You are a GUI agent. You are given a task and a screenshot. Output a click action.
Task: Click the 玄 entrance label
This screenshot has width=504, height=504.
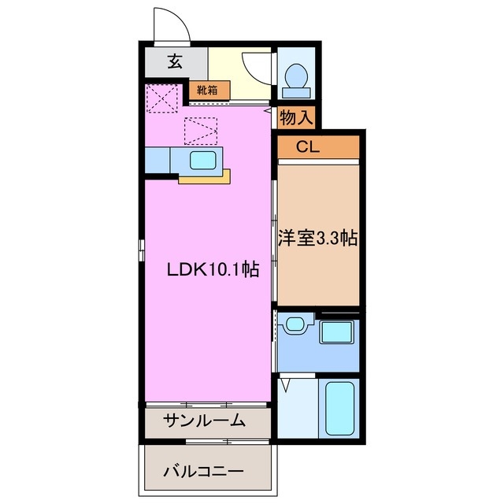point(174,60)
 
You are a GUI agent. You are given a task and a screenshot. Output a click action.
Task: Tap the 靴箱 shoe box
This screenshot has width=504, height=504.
point(208,90)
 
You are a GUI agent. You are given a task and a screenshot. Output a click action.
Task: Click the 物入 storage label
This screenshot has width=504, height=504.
point(297,118)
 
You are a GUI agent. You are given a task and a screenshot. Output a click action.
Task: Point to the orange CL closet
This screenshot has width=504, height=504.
point(318,147)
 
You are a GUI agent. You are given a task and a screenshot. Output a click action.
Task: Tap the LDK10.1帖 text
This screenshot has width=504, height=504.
point(213,269)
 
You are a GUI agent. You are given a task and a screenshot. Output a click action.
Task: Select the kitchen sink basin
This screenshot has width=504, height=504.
point(204,160)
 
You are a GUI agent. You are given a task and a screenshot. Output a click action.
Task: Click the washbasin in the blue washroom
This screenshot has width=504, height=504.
point(295,324)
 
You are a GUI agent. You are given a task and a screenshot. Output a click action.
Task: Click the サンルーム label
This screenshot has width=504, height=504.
point(205,421)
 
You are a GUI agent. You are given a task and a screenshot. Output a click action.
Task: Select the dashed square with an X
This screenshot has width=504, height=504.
point(162,98)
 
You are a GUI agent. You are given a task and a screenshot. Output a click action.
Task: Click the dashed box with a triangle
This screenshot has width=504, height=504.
point(200,130)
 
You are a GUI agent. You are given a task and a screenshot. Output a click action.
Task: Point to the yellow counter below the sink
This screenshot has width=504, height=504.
point(204,178)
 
